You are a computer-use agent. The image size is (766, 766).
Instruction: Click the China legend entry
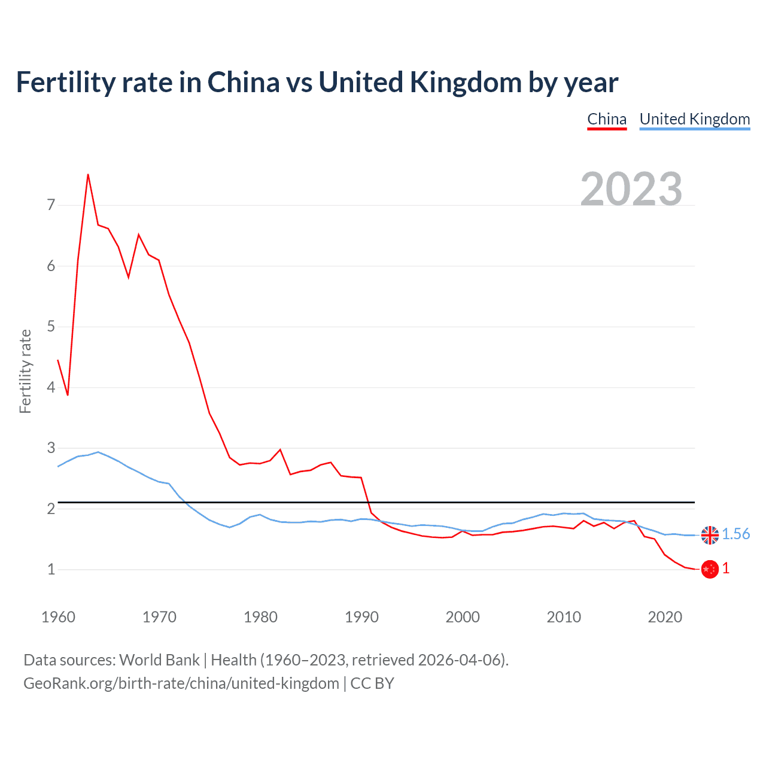606,119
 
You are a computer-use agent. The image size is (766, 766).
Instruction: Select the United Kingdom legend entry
694,119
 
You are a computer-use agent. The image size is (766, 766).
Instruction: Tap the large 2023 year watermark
631,189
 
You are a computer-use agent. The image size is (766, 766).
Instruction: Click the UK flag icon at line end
710,535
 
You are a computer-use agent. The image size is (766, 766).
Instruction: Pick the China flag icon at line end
710,569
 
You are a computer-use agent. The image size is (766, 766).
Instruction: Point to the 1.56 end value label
735,534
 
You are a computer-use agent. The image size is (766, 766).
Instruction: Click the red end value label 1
726,569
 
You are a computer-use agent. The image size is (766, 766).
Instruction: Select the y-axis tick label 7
51,205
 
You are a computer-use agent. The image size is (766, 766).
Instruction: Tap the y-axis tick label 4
51,387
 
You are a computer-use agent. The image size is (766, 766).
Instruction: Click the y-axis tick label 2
51,509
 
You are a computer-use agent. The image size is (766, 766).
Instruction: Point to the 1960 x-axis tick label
58,617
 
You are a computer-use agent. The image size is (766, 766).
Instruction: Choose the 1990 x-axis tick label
361,617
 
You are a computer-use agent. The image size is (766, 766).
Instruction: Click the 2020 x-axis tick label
665,617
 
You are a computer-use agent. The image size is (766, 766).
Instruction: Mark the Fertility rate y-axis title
25,371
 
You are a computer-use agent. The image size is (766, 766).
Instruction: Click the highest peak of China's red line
88,175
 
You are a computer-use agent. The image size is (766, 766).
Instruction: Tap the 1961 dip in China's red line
68,395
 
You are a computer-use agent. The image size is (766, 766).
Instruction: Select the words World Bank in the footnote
159,660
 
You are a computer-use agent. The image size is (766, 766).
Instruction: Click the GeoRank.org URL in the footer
181,683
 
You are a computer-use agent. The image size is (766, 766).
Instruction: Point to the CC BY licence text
372,683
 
